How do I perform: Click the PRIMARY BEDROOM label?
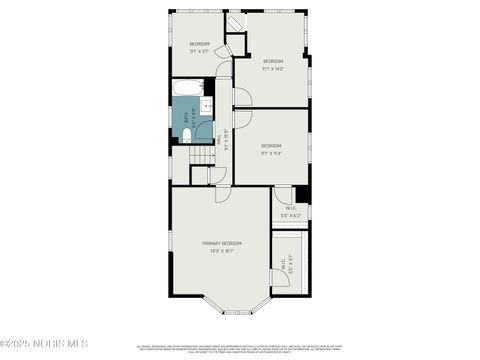(x=222, y=243)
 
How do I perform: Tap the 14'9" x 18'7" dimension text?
(x=222, y=251)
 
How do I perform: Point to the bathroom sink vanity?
(x=206, y=107)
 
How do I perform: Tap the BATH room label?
(x=187, y=115)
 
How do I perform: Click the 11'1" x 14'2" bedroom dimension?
(x=273, y=69)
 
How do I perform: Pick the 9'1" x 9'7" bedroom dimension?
(x=200, y=51)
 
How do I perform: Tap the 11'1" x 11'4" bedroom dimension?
(x=271, y=154)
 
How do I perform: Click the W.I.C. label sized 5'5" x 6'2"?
(x=290, y=212)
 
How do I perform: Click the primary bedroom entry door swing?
(x=222, y=193)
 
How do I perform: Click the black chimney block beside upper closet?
(x=302, y=195)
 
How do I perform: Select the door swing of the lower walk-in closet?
(x=280, y=277)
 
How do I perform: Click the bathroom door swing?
(x=203, y=129)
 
